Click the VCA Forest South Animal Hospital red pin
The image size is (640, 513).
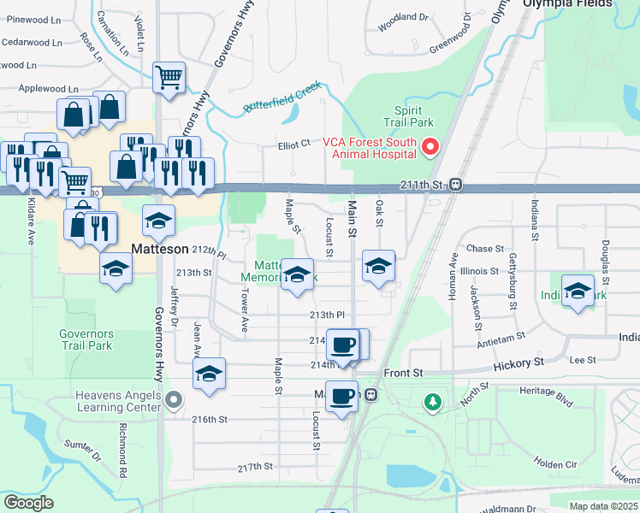click(431, 148)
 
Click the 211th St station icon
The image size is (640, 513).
click(457, 184)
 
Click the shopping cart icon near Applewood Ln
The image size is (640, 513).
click(169, 77)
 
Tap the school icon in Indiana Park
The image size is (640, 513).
click(578, 290)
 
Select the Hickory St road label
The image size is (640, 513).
click(519, 363)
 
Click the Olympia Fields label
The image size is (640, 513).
click(569, 4)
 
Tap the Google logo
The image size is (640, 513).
click(28, 502)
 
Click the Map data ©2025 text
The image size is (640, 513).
click(602, 506)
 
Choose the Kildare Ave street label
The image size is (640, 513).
click(30, 225)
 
